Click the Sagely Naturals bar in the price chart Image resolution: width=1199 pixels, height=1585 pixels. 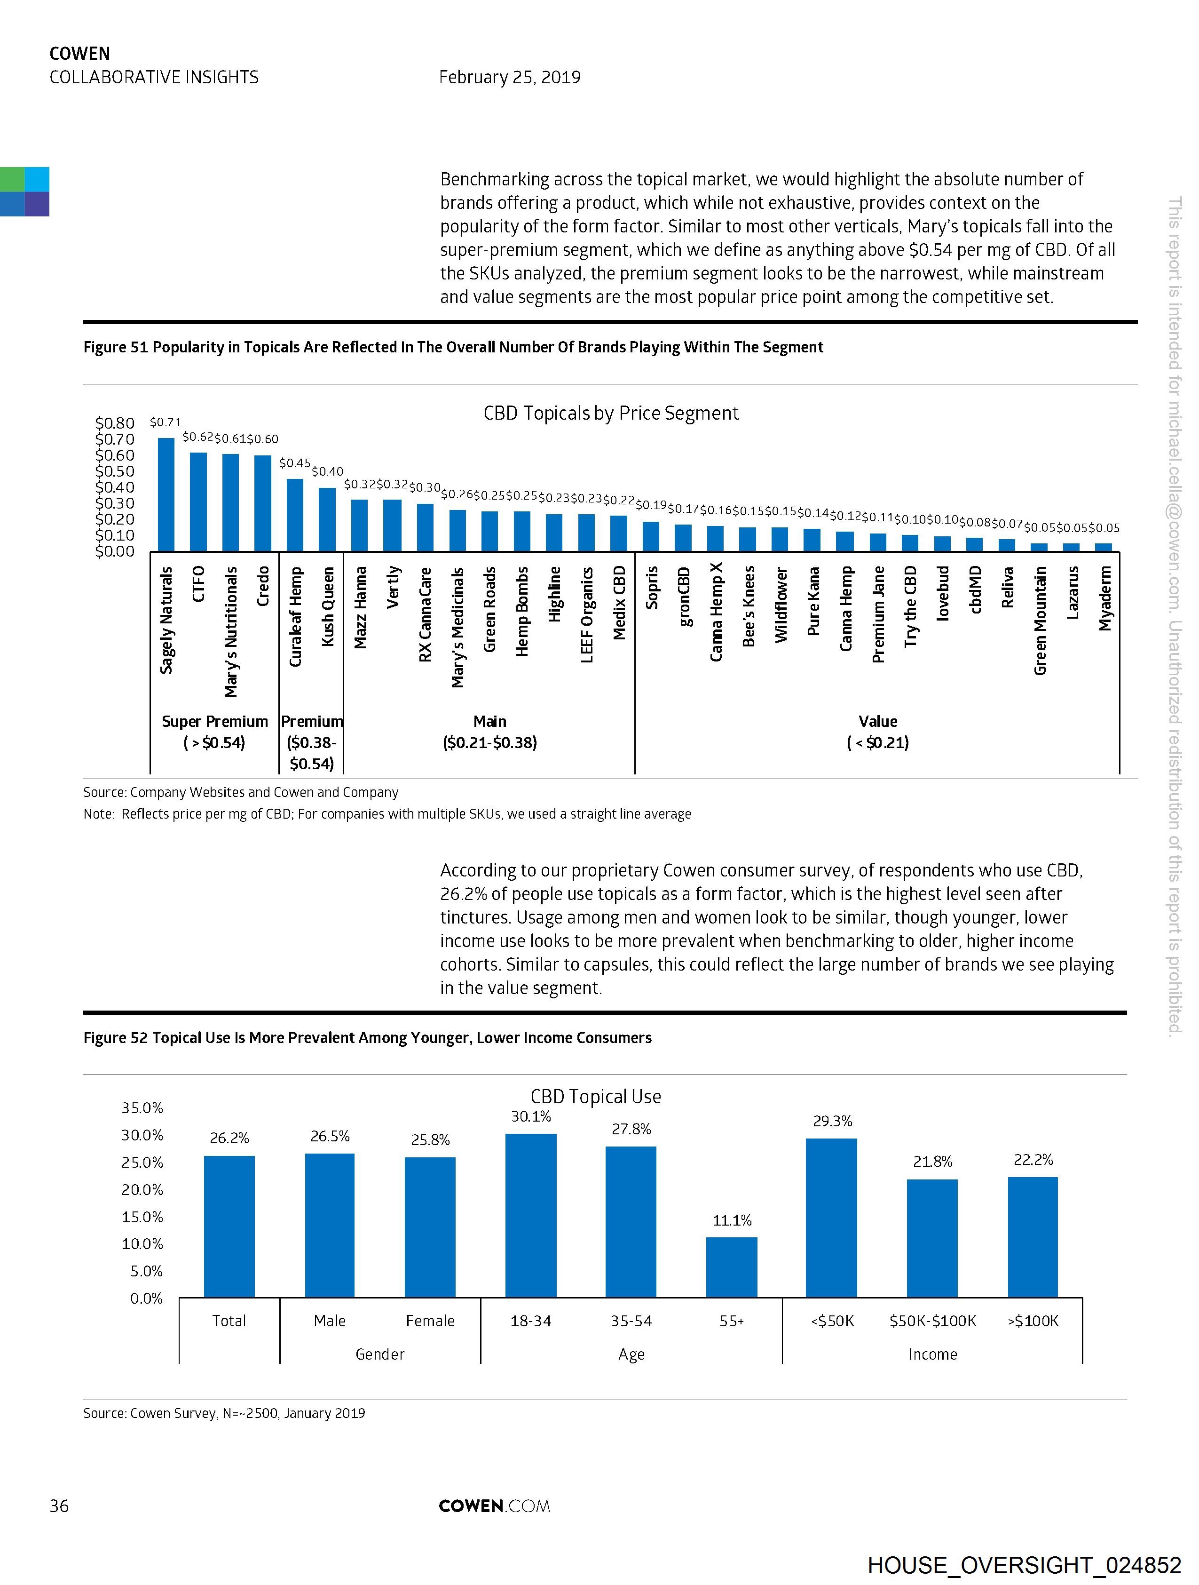click(x=166, y=494)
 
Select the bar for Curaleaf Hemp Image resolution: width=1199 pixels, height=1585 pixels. click(x=295, y=515)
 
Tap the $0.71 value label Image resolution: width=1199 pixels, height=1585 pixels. click(x=166, y=422)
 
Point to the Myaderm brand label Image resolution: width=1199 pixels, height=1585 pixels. click(x=1106, y=599)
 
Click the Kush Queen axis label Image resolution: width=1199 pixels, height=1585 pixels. click(x=328, y=606)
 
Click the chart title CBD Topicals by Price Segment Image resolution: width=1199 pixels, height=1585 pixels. click(x=610, y=414)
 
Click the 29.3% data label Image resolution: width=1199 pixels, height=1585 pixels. click(x=832, y=1121)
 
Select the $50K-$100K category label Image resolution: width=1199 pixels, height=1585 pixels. click(x=932, y=1321)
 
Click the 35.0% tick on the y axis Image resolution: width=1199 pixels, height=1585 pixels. click(x=142, y=1108)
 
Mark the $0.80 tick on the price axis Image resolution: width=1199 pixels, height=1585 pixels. click(x=115, y=423)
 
